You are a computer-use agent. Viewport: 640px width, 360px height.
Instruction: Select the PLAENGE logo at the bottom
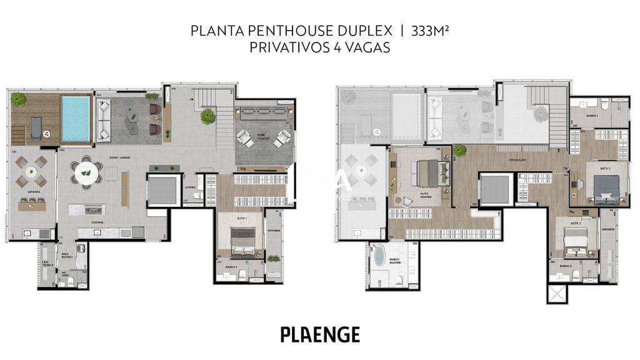320,334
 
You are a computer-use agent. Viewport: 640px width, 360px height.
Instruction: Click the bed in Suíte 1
242,241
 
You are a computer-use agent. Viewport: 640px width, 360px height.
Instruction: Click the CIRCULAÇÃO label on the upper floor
517,160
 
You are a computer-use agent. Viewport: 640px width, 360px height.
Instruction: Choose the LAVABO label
191,187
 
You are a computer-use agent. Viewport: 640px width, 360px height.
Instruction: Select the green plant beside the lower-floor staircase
208,116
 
